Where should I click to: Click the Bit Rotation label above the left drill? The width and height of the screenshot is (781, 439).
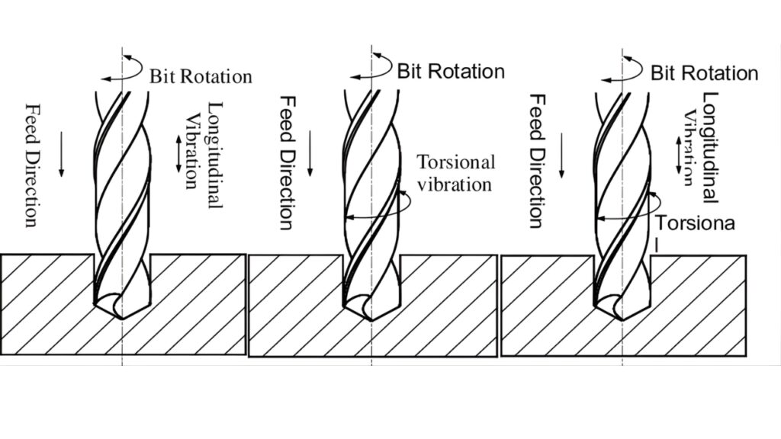click(x=200, y=76)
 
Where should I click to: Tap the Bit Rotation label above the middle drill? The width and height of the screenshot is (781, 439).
click(x=450, y=72)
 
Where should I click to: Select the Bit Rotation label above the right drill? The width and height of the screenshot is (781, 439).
click(x=703, y=73)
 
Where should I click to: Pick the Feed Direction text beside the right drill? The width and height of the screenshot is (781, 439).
click(x=537, y=162)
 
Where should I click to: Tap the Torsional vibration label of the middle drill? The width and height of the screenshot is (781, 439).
click(x=456, y=173)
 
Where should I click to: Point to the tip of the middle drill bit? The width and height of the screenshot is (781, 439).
click(x=371, y=318)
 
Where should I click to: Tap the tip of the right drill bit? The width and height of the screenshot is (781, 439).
click(x=622, y=318)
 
